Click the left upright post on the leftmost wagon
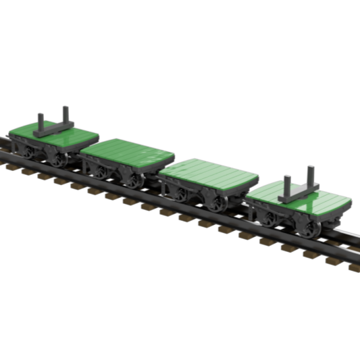(41, 123)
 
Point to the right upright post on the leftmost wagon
(66, 115)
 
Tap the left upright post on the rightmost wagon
(286, 186)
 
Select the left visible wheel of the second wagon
(100, 172)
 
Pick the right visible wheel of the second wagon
(134, 181)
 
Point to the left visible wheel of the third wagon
(180, 194)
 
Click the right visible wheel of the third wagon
(218, 203)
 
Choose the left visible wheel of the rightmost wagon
(270, 218)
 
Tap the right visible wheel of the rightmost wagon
(311, 228)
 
